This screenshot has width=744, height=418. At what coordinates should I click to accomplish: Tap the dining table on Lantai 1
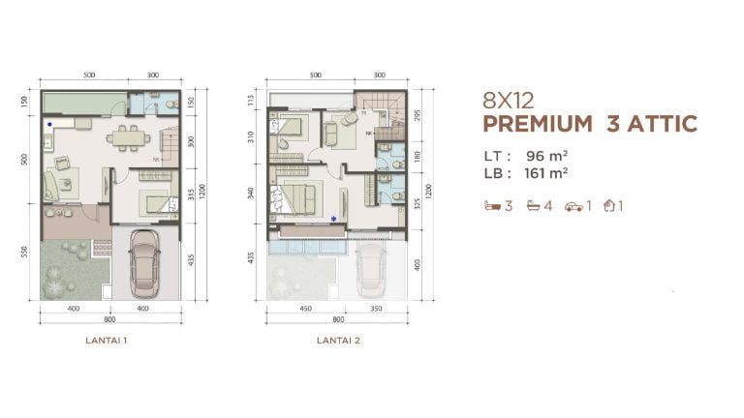(123, 138)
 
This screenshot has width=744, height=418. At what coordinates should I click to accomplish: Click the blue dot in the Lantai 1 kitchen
(49, 125)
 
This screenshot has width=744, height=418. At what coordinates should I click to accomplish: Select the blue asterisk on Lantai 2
(334, 220)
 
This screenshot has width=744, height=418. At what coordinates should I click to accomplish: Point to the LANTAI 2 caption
(338, 341)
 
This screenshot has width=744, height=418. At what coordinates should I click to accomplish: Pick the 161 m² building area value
(547, 173)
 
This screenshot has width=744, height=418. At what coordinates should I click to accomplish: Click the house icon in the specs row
(609, 206)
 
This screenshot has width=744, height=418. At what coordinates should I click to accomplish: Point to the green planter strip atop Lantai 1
(82, 103)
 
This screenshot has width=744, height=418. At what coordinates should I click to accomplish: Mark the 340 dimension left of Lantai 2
(251, 192)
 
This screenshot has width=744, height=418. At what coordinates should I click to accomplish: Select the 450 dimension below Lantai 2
(306, 309)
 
